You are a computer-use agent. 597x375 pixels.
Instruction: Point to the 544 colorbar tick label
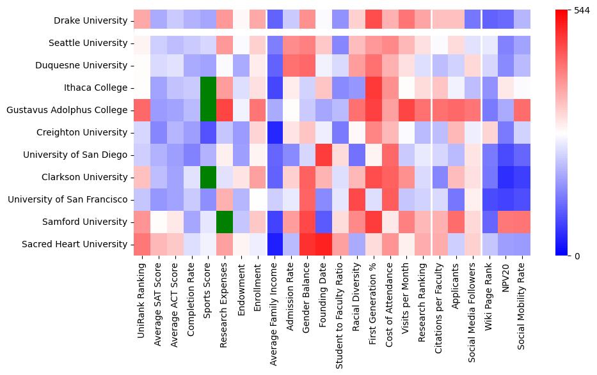(x=582, y=10)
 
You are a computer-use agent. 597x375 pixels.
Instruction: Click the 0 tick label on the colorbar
(x=578, y=256)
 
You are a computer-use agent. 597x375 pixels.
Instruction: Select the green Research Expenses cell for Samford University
(x=225, y=222)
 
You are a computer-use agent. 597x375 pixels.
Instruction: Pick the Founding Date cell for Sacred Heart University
(x=324, y=244)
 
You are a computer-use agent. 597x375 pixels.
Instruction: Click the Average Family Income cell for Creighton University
(x=274, y=132)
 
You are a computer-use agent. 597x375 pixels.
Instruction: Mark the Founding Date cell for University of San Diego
(x=324, y=155)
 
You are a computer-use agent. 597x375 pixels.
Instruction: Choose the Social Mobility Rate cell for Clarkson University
(x=522, y=177)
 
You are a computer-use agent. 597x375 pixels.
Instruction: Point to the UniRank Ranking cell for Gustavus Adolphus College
(x=142, y=110)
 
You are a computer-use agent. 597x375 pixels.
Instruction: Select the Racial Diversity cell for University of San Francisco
(x=357, y=199)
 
